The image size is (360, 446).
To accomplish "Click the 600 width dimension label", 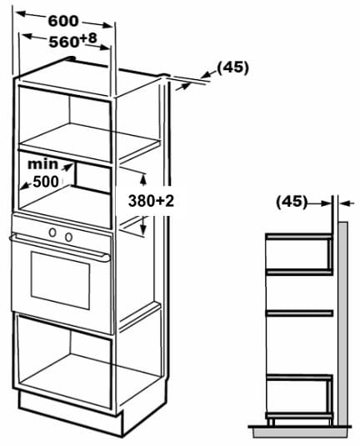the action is tap(62, 21).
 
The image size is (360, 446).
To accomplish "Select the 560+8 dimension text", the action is tap(73, 40).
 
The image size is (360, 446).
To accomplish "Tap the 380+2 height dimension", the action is tap(151, 201).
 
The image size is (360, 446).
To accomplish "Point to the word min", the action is tap(42, 164).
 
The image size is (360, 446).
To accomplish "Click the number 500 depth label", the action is tap(46, 182).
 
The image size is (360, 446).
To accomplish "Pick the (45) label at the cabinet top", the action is tap(232, 68).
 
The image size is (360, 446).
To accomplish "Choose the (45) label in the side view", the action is tap(292, 202).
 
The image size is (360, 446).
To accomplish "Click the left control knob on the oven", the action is tap(52, 233).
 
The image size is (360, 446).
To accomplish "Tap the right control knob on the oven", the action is tap(68, 237).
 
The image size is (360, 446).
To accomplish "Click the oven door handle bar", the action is tap(60, 247).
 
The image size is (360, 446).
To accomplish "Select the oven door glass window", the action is tap(60, 280).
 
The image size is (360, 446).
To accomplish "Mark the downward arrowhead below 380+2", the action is tap(143, 228).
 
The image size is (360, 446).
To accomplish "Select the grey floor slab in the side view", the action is tap(302, 432).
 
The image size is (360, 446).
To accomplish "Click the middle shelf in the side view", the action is tap(299, 313).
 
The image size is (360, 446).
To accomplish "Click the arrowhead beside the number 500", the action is tap(26, 185).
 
